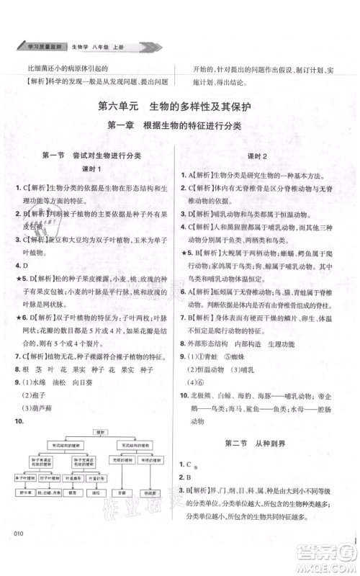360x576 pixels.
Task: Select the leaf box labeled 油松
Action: click(x=96, y=493)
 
